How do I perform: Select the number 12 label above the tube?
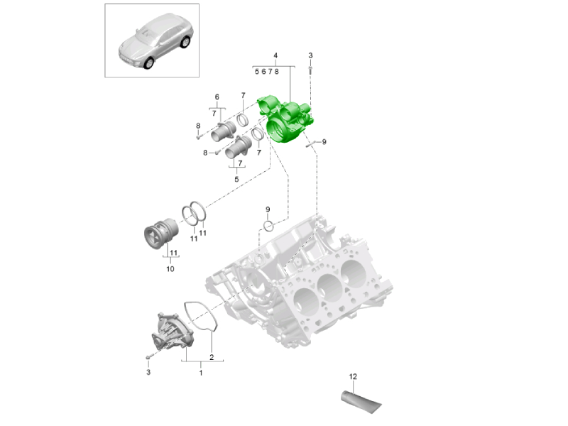click(353, 377)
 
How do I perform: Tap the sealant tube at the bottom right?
click(361, 401)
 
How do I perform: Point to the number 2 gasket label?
click(212, 357)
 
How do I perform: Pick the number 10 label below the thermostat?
click(170, 269)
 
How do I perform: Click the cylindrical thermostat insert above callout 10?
click(161, 233)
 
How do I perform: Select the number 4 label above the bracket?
click(275, 55)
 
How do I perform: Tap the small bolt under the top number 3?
click(310, 70)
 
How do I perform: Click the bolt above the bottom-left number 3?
click(148, 358)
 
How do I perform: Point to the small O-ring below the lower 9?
click(268, 226)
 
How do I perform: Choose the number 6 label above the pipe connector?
click(217, 97)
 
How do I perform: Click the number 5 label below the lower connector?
click(236, 180)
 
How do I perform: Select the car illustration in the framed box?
click(155, 40)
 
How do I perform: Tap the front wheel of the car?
click(148, 64)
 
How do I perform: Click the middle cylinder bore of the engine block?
click(329, 288)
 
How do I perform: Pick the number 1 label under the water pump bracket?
click(201, 372)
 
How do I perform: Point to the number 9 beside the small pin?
click(324, 142)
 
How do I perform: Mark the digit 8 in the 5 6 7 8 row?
click(277, 72)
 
